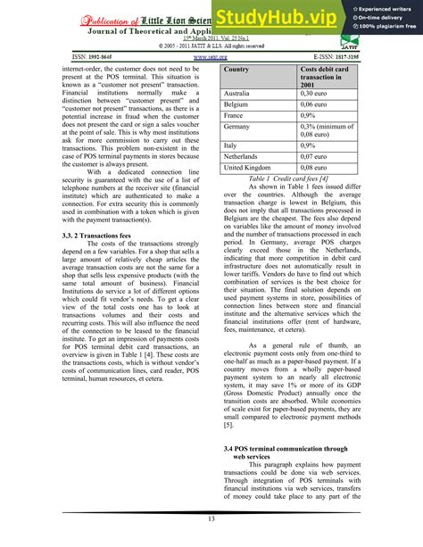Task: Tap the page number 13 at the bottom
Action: [211, 520]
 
